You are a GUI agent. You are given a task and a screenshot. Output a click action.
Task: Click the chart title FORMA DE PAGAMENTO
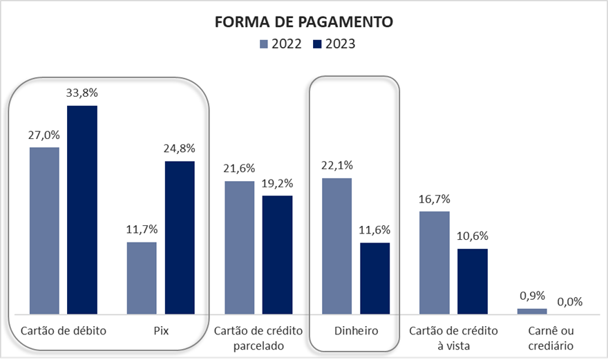click(x=304, y=22)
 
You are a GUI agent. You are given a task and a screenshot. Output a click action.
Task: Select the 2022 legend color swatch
click(x=263, y=44)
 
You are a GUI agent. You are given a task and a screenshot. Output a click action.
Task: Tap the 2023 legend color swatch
click(x=317, y=44)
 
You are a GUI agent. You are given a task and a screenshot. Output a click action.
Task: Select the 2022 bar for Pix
click(x=142, y=278)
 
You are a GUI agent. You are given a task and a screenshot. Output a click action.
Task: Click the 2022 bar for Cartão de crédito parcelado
click(x=240, y=247)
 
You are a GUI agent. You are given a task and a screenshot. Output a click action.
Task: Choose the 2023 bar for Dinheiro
click(x=375, y=278)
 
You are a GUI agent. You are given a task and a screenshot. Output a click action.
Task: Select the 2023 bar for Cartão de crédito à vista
click(x=473, y=281)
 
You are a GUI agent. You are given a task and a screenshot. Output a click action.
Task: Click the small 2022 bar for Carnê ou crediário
click(x=532, y=311)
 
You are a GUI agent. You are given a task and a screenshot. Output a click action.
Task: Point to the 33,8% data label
click(x=82, y=92)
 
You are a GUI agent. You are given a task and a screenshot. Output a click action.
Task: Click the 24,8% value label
click(x=180, y=148)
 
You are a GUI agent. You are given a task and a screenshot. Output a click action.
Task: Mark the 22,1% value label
click(x=337, y=164)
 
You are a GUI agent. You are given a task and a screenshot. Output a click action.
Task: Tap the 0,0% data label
click(x=570, y=301)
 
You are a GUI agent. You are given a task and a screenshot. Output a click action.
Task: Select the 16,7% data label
click(x=435, y=198)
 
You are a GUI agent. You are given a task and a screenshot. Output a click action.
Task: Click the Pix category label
click(x=161, y=330)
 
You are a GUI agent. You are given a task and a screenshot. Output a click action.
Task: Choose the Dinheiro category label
click(x=356, y=330)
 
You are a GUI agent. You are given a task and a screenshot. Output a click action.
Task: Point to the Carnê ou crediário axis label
click(x=551, y=337)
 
